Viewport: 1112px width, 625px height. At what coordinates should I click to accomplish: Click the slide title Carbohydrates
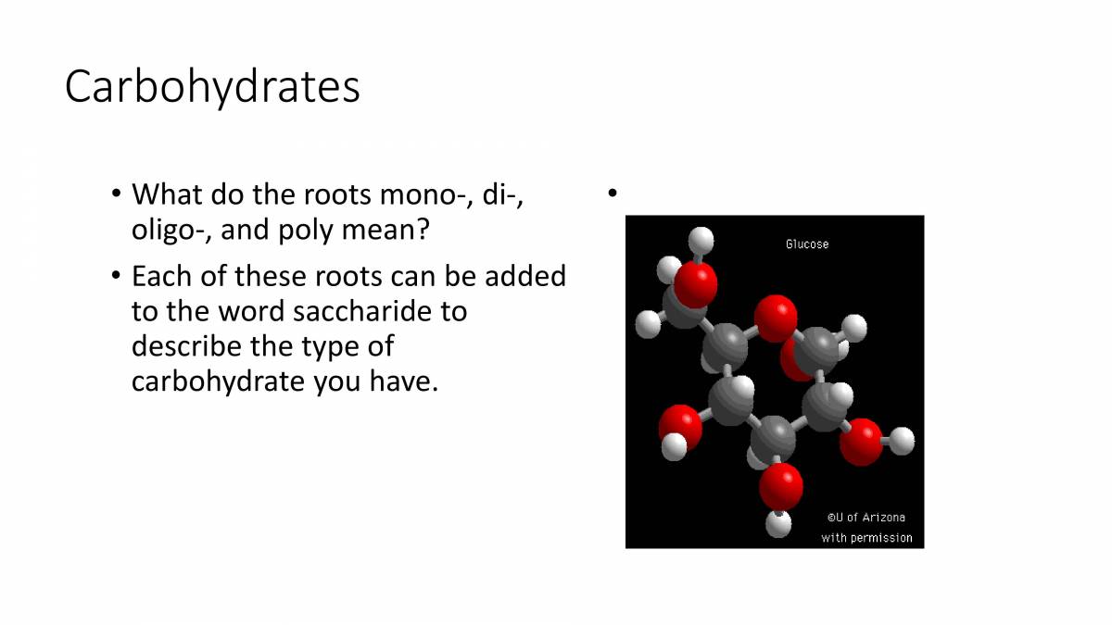[212, 88]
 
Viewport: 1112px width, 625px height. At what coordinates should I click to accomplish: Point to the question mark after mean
[423, 230]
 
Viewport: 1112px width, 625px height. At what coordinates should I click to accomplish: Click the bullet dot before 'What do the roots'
[116, 194]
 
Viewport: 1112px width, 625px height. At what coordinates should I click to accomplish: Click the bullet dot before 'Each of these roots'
[116, 276]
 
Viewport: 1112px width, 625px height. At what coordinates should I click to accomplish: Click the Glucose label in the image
[807, 244]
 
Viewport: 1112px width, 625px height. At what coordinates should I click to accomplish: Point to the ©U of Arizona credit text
[866, 518]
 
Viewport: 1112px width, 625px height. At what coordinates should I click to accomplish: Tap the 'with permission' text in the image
[866, 538]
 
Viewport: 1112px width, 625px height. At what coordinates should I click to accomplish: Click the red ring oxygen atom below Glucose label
[776, 318]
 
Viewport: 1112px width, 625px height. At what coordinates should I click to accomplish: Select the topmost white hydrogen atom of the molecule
[702, 240]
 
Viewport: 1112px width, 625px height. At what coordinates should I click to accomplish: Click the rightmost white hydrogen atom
[902, 441]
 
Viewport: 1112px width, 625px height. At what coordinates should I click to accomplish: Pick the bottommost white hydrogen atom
[779, 524]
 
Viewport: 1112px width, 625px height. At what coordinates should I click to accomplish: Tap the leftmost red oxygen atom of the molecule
[679, 426]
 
